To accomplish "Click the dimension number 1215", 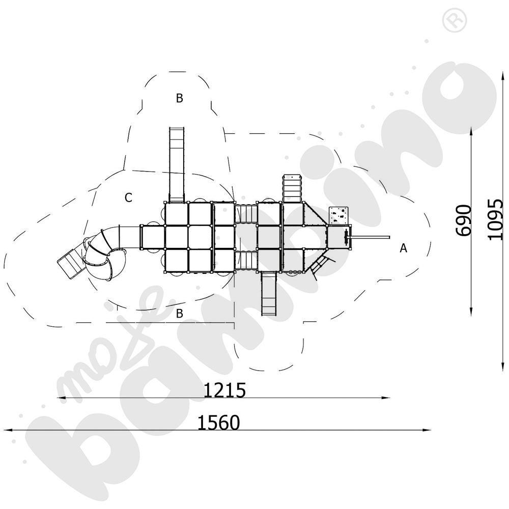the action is point(224,390).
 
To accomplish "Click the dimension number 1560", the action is point(218,422).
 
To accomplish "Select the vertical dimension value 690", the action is point(463,220).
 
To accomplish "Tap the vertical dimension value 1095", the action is point(495,220).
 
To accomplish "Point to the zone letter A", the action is point(403,248).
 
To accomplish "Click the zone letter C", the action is point(129,197).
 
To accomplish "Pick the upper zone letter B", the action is point(180,98).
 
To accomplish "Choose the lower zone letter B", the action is point(180,313).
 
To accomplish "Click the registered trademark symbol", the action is point(455,21).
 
